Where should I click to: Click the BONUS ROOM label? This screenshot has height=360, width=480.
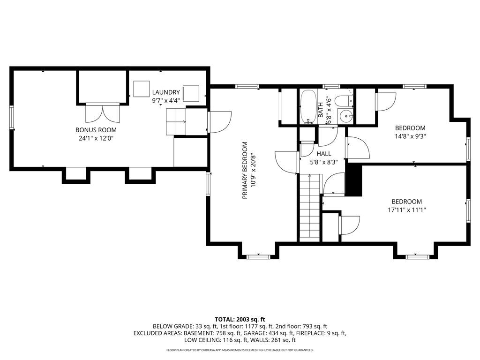(x=96, y=130)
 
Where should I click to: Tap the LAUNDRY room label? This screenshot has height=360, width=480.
(x=166, y=92)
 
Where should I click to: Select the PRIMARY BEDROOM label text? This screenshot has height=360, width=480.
(x=245, y=170)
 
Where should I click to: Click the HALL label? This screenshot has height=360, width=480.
(x=324, y=154)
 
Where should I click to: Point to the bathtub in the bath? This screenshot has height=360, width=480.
(x=308, y=106)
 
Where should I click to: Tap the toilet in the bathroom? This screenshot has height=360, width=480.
(x=344, y=100)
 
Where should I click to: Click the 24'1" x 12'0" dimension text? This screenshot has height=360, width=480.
(x=96, y=138)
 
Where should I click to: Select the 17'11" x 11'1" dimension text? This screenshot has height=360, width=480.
(x=406, y=210)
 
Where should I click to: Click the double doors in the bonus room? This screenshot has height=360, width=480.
(x=102, y=112)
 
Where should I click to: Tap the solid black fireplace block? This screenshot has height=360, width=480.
(x=354, y=179)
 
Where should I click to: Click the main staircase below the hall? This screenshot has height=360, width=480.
(x=310, y=207)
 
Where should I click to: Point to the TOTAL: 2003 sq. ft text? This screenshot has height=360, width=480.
(x=240, y=320)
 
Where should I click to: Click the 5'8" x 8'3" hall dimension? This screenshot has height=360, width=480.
(x=324, y=162)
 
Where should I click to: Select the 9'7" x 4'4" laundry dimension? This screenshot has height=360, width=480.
(x=166, y=100)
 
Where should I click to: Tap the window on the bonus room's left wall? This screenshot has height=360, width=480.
(x=12, y=117)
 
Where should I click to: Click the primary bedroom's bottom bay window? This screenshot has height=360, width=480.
(x=259, y=256)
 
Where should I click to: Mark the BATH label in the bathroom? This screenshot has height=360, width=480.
(x=321, y=110)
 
